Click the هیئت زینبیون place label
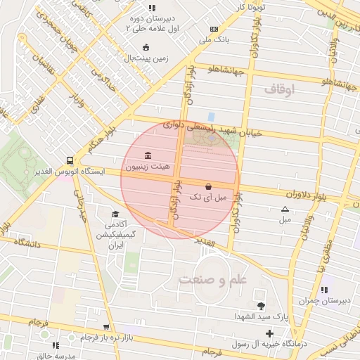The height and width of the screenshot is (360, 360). tap(146, 167)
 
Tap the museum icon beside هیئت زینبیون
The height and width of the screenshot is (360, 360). tap(147, 155)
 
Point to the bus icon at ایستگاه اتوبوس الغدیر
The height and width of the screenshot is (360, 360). tap(69, 160)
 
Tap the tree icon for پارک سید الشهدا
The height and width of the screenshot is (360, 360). tap(262, 306)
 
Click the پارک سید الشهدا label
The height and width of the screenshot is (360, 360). tap(261, 318)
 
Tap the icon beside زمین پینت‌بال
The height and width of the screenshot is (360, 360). tap(146, 47)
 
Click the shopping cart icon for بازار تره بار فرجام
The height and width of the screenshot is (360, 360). tap(105, 327)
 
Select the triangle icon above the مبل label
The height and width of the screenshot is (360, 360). tap(285, 209)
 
